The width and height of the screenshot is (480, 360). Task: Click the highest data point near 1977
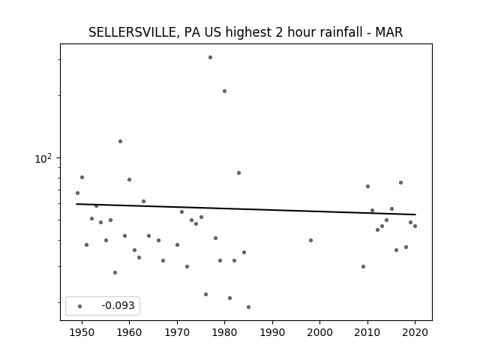[x=210, y=57]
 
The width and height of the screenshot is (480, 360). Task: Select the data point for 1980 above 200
[x=224, y=91]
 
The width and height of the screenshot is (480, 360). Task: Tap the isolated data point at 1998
[x=310, y=240]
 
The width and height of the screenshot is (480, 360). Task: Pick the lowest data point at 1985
[x=248, y=307]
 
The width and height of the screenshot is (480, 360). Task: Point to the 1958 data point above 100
[x=120, y=141]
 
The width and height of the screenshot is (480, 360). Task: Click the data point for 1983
[x=238, y=173]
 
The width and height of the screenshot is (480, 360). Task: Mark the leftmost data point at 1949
[x=77, y=193]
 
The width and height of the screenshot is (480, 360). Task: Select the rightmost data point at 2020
[x=415, y=226]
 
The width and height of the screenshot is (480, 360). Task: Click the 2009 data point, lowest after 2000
[x=363, y=267]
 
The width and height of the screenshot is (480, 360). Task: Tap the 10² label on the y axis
[x=43, y=158]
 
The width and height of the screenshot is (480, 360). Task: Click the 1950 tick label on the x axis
[x=82, y=332]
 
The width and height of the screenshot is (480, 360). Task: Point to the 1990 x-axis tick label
[x=272, y=332]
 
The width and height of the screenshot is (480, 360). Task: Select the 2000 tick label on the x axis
[x=319, y=332]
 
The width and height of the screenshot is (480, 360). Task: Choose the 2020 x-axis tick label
[x=415, y=332]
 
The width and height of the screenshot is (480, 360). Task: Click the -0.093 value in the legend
[x=118, y=305]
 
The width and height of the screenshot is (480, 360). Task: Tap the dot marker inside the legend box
[x=80, y=306]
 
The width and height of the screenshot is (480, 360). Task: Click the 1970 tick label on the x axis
[x=177, y=332]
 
